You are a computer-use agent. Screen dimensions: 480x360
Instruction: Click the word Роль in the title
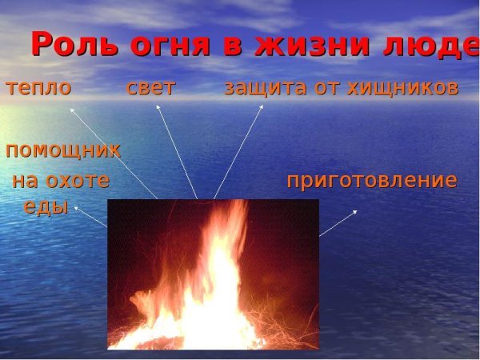pos(74,44)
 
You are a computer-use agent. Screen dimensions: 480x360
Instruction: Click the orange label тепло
pos(38,88)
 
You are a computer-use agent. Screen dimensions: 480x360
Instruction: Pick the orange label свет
pos(150,87)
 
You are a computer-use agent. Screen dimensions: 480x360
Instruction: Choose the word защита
pos(266,89)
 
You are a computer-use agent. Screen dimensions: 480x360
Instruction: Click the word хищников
pos(403,89)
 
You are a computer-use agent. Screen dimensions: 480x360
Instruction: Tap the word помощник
pos(63,150)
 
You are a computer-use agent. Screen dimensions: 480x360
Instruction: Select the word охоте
pos(78,181)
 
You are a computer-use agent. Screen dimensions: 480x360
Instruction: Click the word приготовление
pos(372,182)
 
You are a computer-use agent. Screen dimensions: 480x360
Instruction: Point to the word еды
pos(46,207)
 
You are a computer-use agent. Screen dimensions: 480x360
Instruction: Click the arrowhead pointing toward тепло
pos(72,110)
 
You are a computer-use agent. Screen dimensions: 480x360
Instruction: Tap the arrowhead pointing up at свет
pos(158,107)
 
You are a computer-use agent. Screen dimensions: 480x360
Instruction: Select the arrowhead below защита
pos(261,107)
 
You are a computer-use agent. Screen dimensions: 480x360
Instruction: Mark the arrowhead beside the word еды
pos(77,209)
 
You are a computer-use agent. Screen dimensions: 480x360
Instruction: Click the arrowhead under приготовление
pos(354,212)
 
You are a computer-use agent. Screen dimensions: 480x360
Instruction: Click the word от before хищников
pos(327,89)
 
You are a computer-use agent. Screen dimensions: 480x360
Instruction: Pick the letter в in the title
pos(233,47)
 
